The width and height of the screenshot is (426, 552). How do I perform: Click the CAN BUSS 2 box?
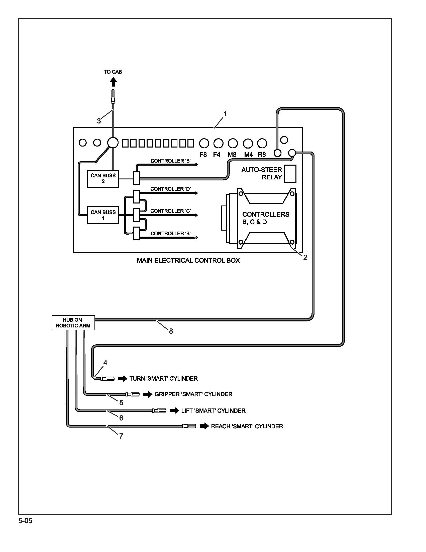(103, 179)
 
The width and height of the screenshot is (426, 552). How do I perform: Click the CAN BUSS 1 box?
(103, 215)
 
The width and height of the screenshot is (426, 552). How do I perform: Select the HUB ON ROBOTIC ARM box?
(73, 323)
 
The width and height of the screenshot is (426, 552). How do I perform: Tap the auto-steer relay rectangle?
(290, 174)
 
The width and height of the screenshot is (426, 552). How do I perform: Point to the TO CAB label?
(113, 72)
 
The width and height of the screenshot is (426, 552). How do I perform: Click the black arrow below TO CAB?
(114, 82)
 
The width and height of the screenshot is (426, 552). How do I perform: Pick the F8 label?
(203, 155)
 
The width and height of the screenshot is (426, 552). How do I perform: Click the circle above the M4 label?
(248, 143)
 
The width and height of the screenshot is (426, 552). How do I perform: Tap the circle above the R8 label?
(262, 143)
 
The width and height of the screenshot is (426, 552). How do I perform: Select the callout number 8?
(171, 331)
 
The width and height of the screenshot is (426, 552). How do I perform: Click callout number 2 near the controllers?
(305, 257)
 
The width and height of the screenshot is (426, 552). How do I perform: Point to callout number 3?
(99, 121)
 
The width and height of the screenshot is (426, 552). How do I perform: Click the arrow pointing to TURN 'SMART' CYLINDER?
(123, 379)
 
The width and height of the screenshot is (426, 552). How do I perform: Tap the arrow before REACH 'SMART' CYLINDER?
(204, 426)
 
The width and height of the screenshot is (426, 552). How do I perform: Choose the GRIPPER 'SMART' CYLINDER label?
(193, 394)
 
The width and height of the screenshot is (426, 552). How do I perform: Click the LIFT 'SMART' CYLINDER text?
(213, 410)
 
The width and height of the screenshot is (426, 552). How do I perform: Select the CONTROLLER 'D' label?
(171, 189)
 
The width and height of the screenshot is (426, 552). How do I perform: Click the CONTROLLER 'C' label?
(171, 211)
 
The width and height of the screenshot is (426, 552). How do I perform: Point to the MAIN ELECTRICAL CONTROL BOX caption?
(188, 260)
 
